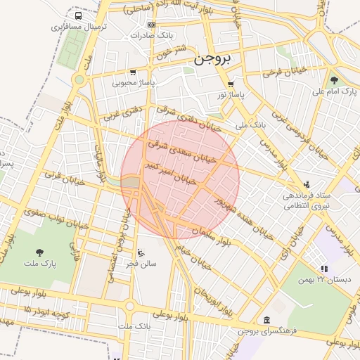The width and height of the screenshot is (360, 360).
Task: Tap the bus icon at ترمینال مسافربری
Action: point(77,15)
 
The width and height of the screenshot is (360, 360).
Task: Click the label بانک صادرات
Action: point(151,35)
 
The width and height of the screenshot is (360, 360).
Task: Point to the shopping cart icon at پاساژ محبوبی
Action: point(133,72)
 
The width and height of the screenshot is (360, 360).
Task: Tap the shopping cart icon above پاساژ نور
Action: point(230,83)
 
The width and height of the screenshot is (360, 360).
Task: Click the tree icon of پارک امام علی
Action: point(334,80)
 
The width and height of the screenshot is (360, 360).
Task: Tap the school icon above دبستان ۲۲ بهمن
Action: point(323,269)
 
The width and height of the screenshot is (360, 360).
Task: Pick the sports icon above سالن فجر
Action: point(141,252)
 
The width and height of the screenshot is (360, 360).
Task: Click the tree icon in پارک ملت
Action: point(39,252)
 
